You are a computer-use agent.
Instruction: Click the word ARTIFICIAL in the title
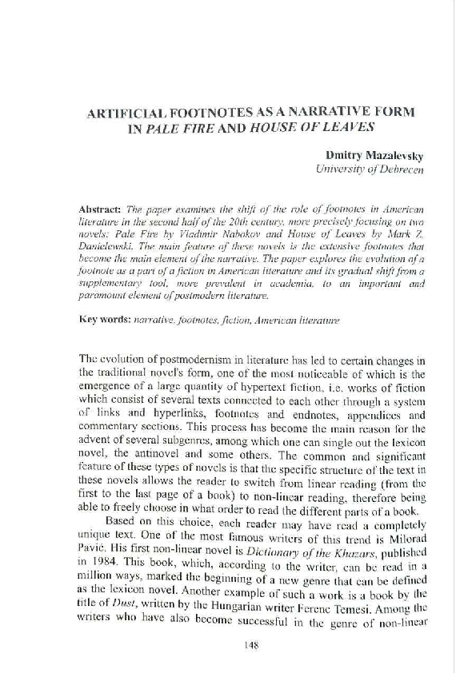pyautogui.click(x=131, y=113)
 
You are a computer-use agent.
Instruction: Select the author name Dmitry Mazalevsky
pyautogui.click(x=365, y=153)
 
